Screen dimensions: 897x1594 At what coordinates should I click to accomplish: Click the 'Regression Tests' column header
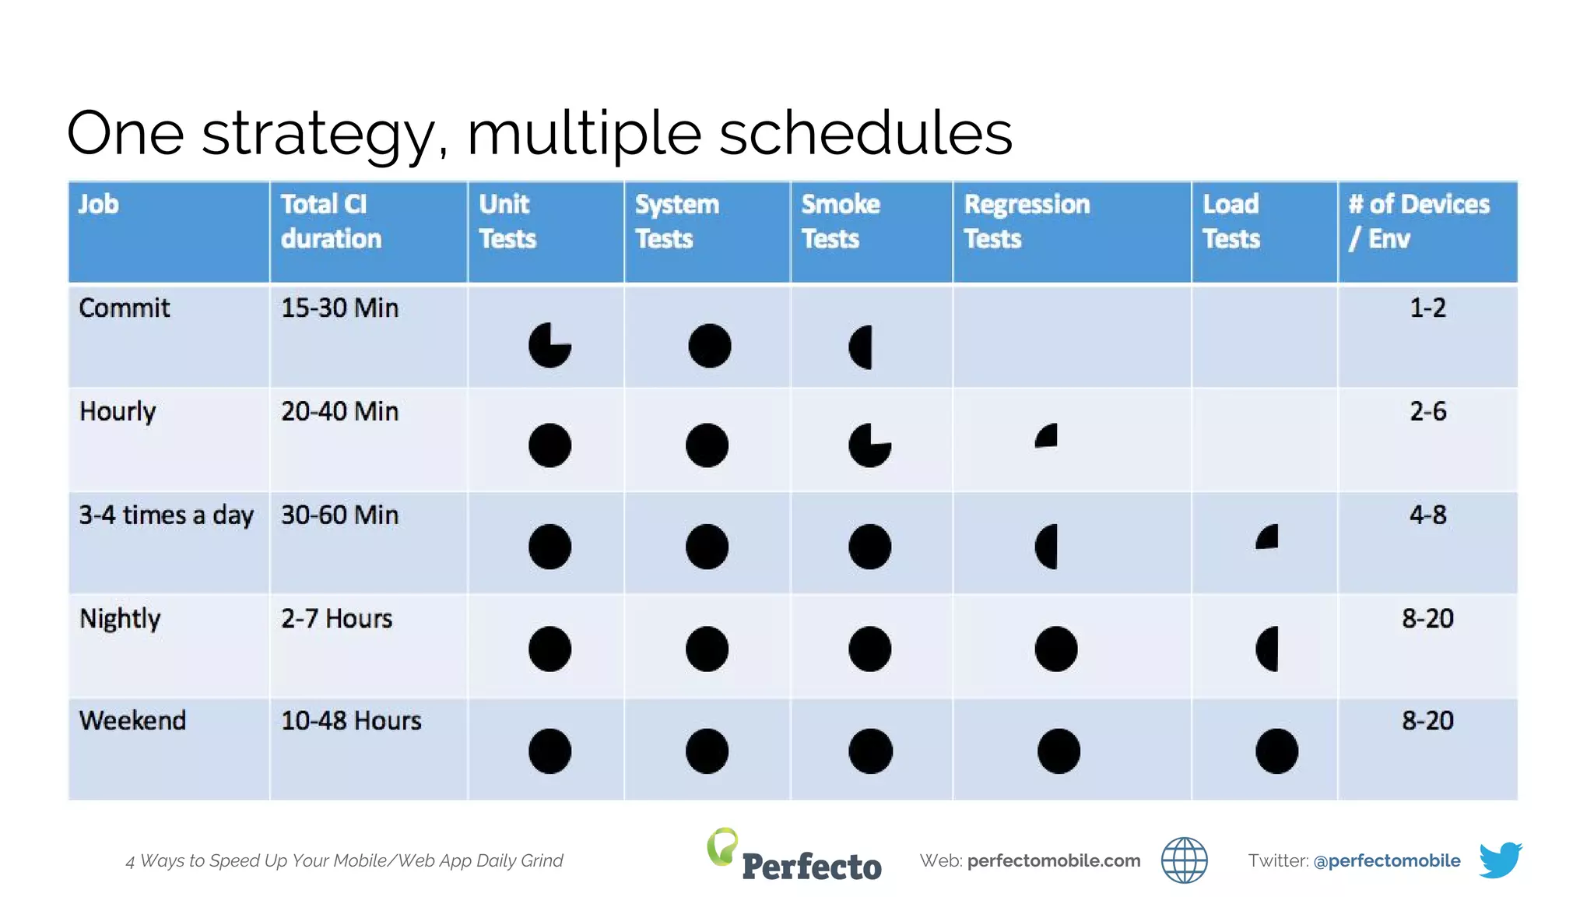(1027, 221)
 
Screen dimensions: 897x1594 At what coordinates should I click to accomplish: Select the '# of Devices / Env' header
(1419, 221)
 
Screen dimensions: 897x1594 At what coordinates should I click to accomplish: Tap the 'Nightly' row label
(120, 619)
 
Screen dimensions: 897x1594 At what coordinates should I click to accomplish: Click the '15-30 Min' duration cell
(339, 308)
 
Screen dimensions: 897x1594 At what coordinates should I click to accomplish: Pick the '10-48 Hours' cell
(351, 721)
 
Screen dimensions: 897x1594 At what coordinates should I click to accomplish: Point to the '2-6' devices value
(1427, 411)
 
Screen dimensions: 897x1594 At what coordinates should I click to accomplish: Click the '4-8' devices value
(1427, 515)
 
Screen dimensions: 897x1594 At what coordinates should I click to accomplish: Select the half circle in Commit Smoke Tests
(862, 346)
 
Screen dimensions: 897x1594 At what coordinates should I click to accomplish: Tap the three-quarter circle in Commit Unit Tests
(549, 345)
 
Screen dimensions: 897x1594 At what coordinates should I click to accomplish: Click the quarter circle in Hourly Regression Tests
(1048, 436)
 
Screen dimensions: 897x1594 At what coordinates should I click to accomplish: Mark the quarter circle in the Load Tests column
(1268, 537)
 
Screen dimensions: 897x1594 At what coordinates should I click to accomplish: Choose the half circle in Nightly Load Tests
(1268, 649)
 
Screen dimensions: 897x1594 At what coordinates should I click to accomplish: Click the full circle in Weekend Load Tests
(1276, 751)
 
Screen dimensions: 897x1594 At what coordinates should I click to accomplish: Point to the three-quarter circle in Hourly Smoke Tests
(869, 445)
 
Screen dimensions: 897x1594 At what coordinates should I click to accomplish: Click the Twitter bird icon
(1500, 860)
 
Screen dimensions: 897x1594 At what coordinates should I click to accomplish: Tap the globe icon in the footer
(1184, 860)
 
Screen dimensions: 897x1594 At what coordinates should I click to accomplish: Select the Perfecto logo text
(811, 866)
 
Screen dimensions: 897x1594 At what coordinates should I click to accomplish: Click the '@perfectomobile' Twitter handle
(1386, 860)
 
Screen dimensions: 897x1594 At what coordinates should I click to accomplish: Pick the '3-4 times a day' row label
(166, 515)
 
